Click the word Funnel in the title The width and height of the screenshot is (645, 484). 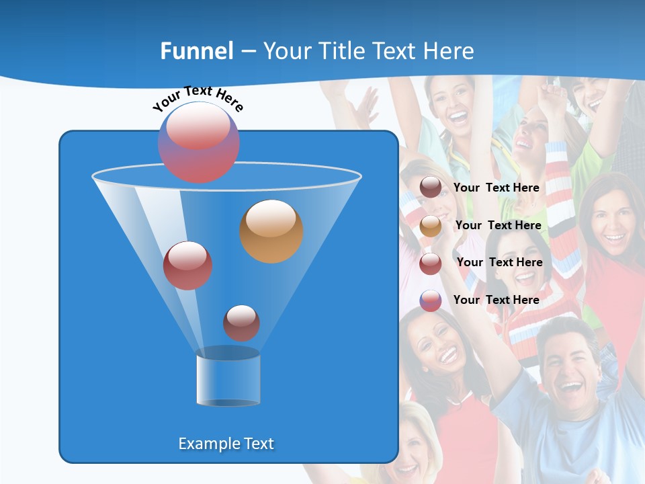196,51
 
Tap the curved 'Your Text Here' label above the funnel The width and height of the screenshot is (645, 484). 198,98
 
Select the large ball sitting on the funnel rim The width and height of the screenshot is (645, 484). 198,143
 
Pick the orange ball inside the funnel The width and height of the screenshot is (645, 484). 271,231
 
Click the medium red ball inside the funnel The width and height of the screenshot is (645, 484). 187,266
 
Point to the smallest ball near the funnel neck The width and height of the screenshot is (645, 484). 241,323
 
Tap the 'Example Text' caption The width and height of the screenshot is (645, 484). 226,444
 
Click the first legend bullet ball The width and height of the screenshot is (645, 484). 431,188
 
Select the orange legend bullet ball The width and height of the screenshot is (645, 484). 431,226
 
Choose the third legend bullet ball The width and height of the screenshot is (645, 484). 431,264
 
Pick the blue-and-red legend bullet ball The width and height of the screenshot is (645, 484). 431,300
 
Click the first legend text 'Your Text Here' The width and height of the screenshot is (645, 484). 497,188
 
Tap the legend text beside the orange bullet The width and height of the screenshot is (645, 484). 498,225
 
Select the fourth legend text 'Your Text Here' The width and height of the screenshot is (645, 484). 497,300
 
